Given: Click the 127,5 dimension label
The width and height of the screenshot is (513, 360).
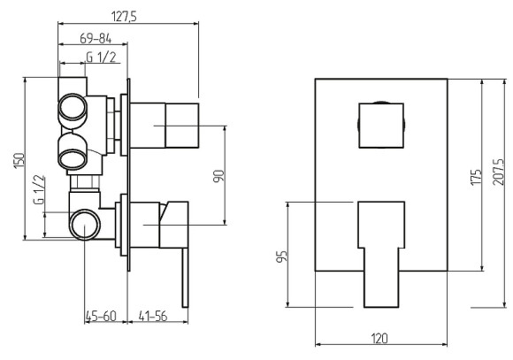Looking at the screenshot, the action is pyautogui.click(x=124, y=16).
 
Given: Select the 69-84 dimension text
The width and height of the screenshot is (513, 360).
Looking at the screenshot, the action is pyautogui.click(x=96, y=39).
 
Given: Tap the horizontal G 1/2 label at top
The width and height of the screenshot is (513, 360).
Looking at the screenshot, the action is pyautogui.click(x=101, y=57).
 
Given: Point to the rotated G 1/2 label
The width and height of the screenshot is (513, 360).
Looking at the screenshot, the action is pyautogui.click(x=39, y=189).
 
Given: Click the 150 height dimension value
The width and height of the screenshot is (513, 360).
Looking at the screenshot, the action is pyautogui.click(x=19, y=161).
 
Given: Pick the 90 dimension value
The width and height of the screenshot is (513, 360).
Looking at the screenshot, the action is pyautogui.click(x=218, y=176).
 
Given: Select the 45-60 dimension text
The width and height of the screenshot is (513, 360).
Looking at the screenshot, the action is pyautogui.click(x=101, y=316).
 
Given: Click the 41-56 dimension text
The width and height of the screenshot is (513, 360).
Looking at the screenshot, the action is pyautogui.click(x=153, y=316).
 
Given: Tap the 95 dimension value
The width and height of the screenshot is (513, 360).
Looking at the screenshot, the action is pyautogui.click(x=281, y=256).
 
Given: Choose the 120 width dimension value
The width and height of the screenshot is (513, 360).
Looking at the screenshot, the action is pyautogui.click(x=379, y=338).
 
